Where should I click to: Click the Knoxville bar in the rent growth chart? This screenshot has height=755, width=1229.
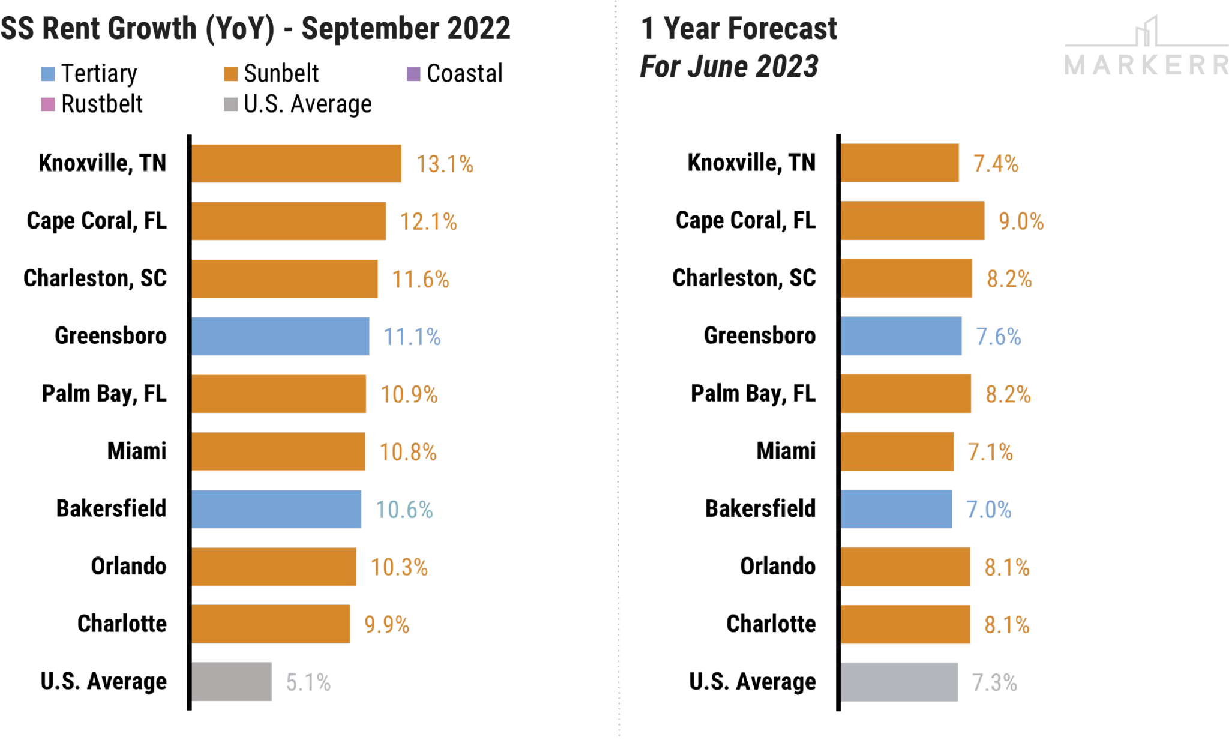296,163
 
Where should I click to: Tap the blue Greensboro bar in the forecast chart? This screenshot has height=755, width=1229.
901,336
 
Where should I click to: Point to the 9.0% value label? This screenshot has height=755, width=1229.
1021,221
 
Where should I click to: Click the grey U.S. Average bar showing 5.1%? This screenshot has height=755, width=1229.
232,682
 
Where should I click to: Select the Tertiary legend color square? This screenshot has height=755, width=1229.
48,74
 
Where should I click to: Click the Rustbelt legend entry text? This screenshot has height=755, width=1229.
102,104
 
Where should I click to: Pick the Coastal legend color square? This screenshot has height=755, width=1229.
413,74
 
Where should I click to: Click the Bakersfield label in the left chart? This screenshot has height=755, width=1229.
111,509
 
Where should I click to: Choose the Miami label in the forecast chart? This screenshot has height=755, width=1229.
786,451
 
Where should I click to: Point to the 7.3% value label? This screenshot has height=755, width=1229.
994,682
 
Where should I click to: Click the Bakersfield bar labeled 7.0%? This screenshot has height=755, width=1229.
896,509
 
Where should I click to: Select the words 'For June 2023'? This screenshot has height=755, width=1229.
729,67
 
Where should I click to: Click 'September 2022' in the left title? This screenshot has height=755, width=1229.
406,28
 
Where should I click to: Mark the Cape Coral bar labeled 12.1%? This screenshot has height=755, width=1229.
289,221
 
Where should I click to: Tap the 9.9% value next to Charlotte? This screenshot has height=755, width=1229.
387,625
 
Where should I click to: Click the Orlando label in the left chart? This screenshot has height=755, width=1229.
128,567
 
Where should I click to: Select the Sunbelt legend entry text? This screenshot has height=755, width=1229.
281,74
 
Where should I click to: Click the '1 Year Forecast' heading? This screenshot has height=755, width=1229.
738,28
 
